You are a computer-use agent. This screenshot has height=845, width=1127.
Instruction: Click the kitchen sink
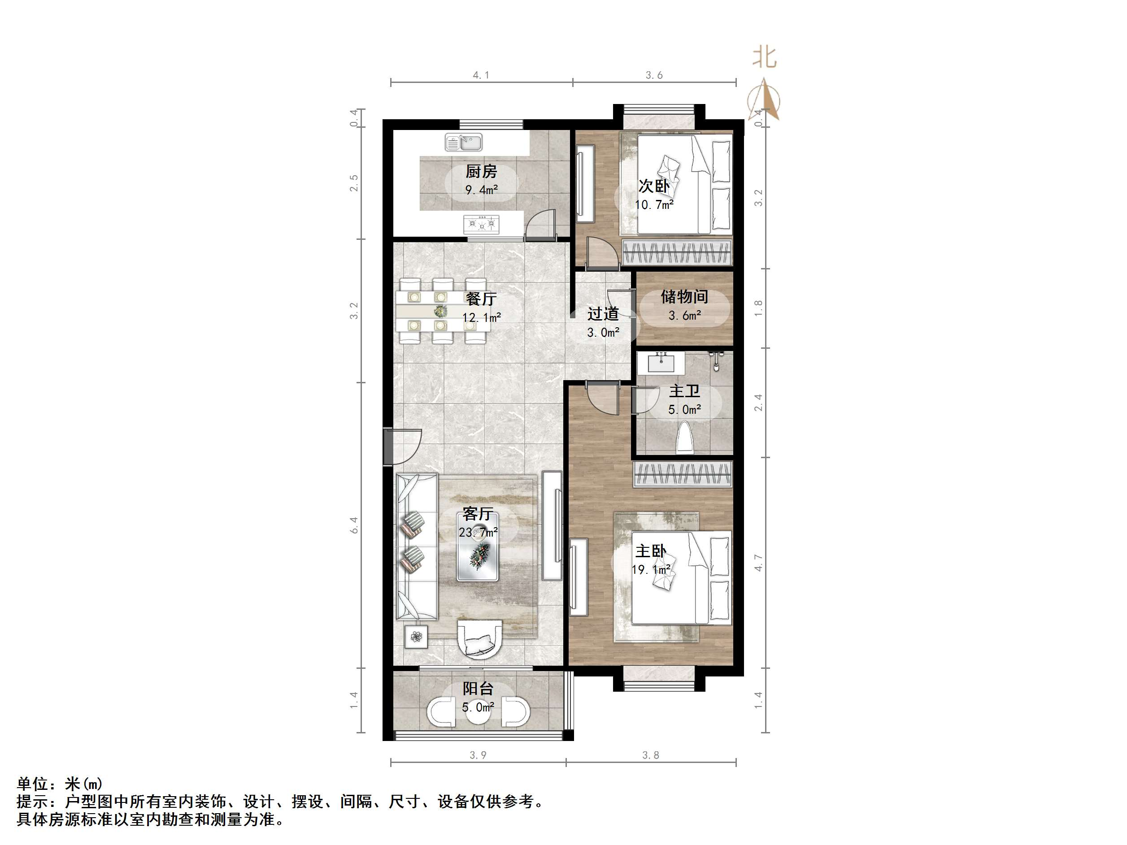tap(463, 142)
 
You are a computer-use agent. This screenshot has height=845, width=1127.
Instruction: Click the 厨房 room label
tap(481, 171)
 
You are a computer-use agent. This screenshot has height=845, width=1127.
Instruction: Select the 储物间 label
tap(684, 296)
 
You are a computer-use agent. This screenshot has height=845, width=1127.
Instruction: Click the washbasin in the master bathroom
tap(661, 363)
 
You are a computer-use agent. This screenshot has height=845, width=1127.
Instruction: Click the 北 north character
tap(764, 57)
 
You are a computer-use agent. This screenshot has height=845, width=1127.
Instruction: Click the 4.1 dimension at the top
tap(480, 75)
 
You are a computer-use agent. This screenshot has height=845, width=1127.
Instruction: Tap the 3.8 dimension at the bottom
tap(651, 755)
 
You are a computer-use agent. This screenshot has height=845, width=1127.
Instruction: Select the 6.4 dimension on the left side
tap(353, 525)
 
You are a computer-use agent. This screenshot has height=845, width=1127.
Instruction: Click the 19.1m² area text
tap(652, 569)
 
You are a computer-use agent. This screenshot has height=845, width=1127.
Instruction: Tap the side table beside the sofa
tap(416, 636)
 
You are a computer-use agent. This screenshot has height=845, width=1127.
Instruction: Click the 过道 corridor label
tap(603, 314)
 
